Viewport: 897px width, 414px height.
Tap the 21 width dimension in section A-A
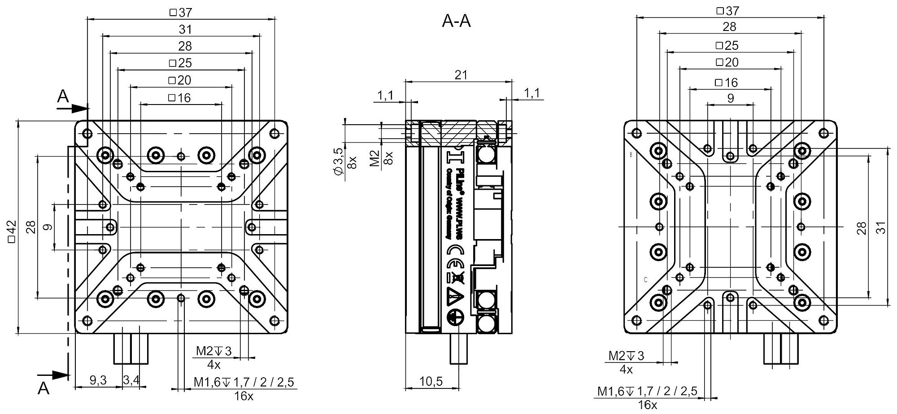pyautogui.click(x=461, y=75)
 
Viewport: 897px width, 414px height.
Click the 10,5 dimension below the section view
pyautogui.click(x=431, y=381)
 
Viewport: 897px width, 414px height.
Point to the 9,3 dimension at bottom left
pyautogui.click(x=98, y=380)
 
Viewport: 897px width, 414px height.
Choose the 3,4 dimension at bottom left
pyautogui.click(x=131, y=380)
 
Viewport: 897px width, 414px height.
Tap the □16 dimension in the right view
pyautogui.click(x=727, y=83)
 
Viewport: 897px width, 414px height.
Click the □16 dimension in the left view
pyautogui.click(x=179, y=98)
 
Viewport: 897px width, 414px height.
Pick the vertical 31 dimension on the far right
pyautogui.click(x=882, y=228)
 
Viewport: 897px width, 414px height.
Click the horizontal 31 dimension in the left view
pyautogui.click(x=185, y=30)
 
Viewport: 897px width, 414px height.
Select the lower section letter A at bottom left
pyautogui.click(x=44, y=388)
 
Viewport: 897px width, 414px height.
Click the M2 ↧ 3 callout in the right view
pyautogui.click(x=626, y=356)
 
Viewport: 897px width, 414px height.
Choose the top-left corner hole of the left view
pyautogui.click(x=87, y=134)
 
